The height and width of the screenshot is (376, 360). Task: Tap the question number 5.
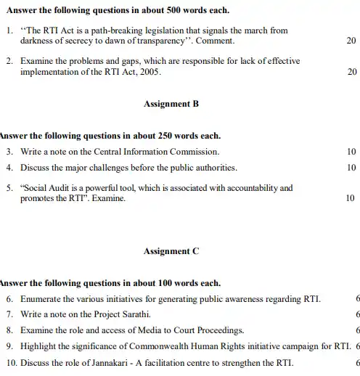(8, 187)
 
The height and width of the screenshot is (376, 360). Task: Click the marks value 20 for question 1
(351, 41)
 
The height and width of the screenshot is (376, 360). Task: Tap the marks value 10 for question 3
(351, 152)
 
